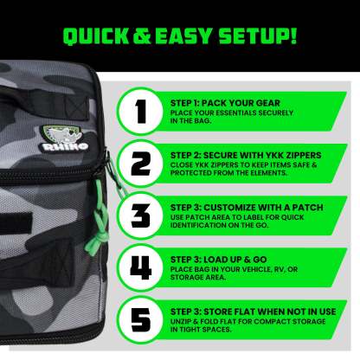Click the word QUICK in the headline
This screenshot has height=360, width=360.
(96, 36)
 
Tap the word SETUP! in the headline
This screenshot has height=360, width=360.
(258, 36)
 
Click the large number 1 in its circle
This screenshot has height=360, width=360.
(141, 112)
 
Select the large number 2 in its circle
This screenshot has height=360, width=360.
(141, 164)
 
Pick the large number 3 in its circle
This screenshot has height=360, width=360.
(141, 216)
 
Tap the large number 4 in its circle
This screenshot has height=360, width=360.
(141, 268)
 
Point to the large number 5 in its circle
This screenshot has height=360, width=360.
(141, 320)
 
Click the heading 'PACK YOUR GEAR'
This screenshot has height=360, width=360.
(241, 103)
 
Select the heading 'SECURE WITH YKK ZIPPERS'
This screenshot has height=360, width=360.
(262, 155)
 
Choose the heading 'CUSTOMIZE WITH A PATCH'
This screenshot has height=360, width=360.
(263, 208)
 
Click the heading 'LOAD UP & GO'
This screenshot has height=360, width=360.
(235, 260)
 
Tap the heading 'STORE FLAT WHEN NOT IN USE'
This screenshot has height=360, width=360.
(270, 312)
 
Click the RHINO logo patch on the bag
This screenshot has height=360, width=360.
(64, 139)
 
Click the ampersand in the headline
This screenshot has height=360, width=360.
(142, 36)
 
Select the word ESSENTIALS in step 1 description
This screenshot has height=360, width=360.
(232, 112)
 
